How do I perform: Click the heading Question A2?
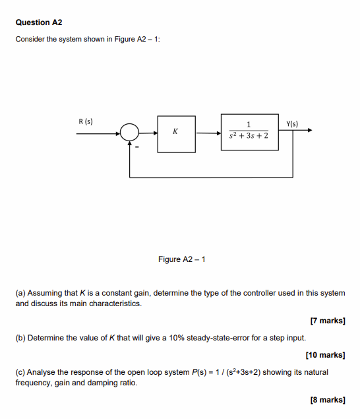coord(39,22)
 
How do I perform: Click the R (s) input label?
coord(85,122)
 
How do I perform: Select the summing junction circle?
coord(130,133)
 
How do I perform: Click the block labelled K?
coord(175,133)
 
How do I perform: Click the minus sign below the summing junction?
coord(137,148)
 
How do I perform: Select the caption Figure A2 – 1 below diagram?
coord(182,259)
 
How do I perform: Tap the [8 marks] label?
coord(328,400)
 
